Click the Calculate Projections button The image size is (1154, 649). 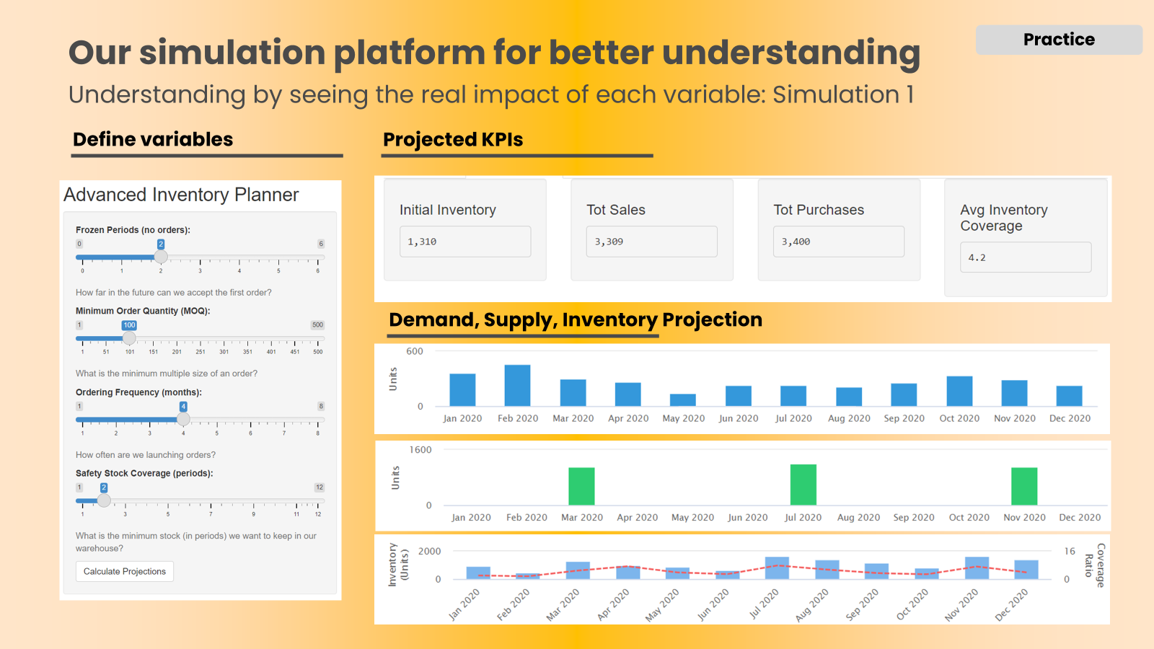tap(125, 571)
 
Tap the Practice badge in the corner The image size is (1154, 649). tap(1059, 40)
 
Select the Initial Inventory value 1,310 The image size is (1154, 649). tap(465, 242)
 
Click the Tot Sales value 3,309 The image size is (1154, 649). tap(651, 242)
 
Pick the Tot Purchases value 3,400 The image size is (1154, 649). tap(838, 242)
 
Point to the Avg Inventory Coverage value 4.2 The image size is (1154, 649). tap(1025, 257)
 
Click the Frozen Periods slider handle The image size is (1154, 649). tap(161, 257)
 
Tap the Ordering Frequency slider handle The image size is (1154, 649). tap(183, 419)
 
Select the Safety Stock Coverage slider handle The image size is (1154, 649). tap(104, 500)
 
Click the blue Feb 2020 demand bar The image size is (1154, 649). tap(517, 386)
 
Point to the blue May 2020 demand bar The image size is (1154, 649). tap(683, 400)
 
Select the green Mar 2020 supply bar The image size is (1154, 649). tap(581, 487)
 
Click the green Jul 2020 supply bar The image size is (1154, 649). tap(803, 485)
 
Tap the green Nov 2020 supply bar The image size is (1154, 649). tap(1024, 487)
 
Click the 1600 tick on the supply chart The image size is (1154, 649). tap(420, 450)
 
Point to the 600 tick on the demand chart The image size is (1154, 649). tap(415, 352)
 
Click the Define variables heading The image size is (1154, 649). tap(153, 139)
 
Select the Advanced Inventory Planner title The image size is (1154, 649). tap(181, 195)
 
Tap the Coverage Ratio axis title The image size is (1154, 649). tap(1094, 565)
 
